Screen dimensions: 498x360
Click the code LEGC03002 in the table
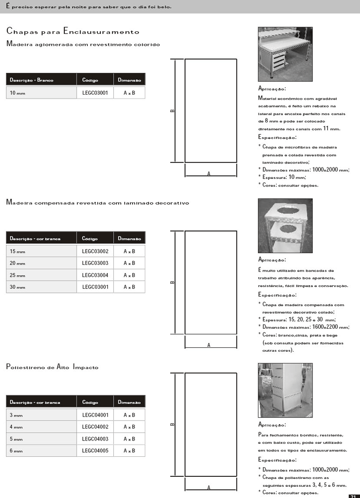(95, 251)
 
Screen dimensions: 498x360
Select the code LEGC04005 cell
(95, 451)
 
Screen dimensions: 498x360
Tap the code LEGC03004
(95, 275)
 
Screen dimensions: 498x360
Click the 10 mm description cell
(17, 93)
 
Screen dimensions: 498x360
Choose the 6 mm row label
(16, 451)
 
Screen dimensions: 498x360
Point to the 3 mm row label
(16, 415)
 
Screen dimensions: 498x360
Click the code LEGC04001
(95, 415)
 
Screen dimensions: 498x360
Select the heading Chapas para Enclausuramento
(72, 32)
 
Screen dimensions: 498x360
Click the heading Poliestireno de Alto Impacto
(52, 367)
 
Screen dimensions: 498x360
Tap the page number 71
(353, 496)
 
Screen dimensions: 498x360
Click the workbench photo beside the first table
(285, 54)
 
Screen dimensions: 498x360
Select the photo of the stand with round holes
(285, 225)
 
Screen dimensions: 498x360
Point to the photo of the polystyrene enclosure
(285, 390)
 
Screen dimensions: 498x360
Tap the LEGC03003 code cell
(95, 263)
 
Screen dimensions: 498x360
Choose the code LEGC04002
(95, 427)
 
